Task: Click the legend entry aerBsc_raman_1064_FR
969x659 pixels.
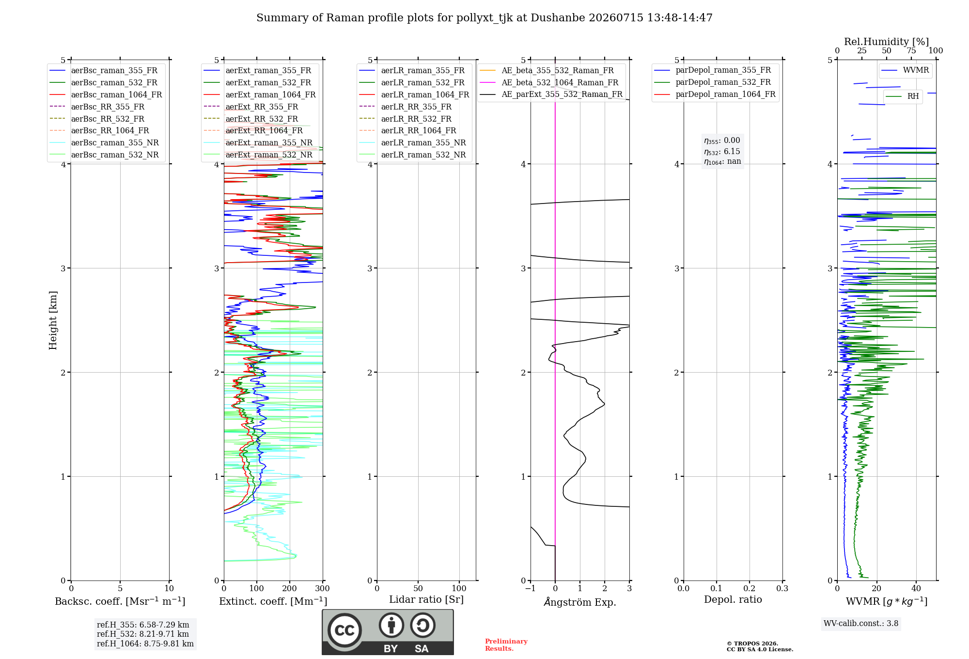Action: pos(106,94)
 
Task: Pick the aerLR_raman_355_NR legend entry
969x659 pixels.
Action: pos(412,142)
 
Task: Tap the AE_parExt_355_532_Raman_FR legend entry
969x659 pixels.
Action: pos(551,94)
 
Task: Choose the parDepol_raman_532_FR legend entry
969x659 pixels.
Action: pos(712,82)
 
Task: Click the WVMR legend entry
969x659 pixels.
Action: pos(905,70)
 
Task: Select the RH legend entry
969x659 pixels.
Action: pos(902,96)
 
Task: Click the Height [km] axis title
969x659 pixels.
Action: pos(53,320)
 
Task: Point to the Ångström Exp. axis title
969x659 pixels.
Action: pos(580,602)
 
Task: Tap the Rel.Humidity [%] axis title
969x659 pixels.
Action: pos(887,42)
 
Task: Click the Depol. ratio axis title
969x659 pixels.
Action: pos(733,599)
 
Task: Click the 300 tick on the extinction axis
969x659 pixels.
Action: pos(323,588)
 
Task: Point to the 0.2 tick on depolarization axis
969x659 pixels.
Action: pos(750,588)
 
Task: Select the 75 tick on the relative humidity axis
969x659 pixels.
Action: pos(911,51)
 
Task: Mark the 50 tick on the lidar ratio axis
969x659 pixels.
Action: pos(418,588)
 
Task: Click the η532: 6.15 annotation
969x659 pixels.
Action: pos(722,151)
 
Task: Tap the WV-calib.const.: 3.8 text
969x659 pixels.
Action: pos(861,623)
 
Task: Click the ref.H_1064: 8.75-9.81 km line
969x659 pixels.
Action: pos(145,643)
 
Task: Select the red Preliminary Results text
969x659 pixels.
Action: pos(506,645)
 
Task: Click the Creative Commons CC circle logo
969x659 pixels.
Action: pos(344,630)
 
